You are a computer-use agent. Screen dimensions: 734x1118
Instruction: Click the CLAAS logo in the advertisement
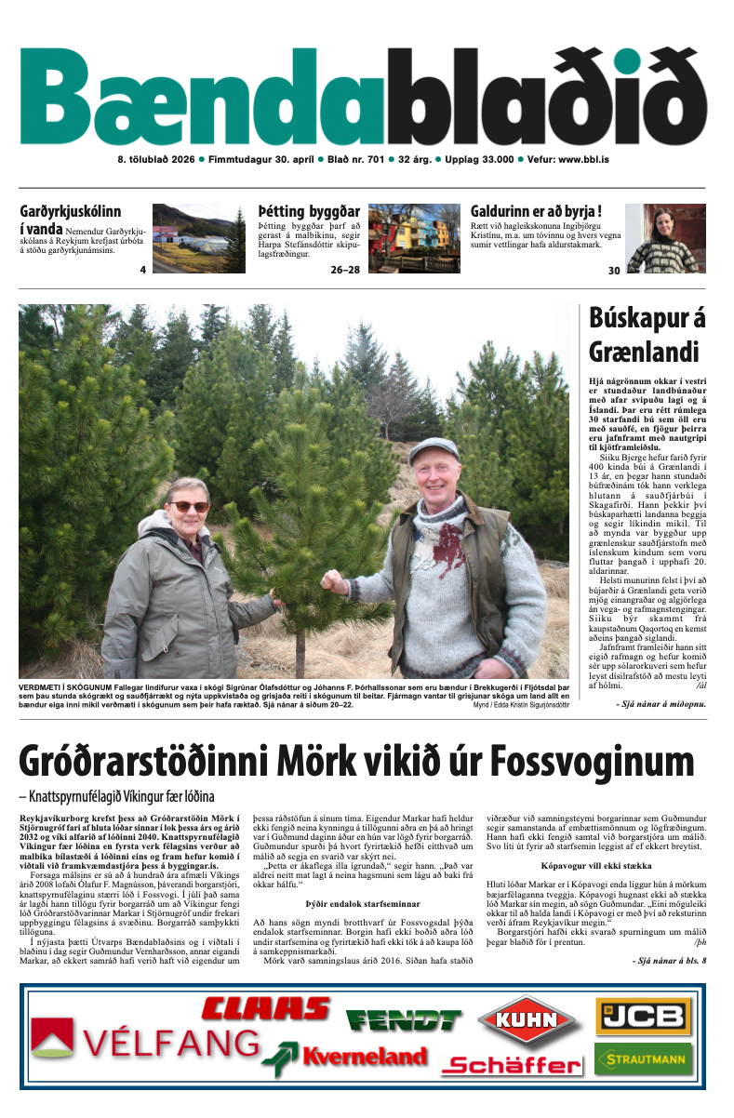(266, 1007)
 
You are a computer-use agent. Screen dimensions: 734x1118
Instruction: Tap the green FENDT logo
(404, 1020)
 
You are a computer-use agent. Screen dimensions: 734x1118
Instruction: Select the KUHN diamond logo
(527, 1019)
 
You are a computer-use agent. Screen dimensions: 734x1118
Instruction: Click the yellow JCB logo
(643, 1016)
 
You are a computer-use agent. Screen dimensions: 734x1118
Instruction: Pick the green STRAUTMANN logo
(643, 1058)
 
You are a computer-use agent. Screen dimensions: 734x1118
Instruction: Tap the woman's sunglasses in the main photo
(189, 506)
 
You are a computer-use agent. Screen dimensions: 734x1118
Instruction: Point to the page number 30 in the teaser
(613, 271)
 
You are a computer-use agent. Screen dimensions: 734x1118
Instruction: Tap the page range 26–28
(344, 271)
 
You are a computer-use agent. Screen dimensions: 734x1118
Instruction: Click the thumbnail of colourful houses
(414, 238)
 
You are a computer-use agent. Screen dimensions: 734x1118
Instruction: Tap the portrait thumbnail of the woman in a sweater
(665, 238)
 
